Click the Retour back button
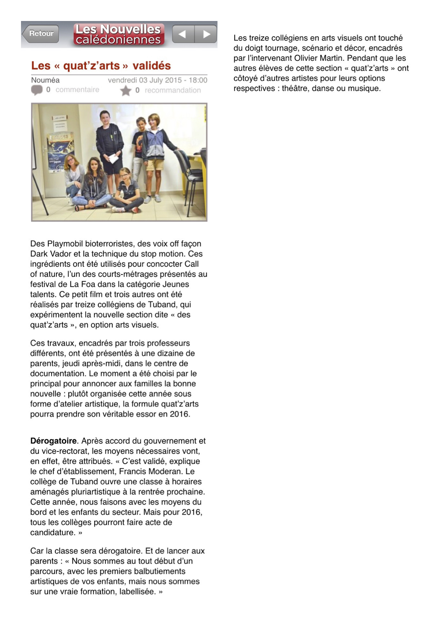point(41,33)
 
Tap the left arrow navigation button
point(183,34)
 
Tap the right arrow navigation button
point(206,34)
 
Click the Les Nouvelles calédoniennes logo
point(119,34)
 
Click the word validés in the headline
point(152,65)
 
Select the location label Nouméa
point(45,80)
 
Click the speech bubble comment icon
point(37,90)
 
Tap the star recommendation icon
point(125,91)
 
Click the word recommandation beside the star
point(173,90)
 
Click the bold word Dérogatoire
point(53,441)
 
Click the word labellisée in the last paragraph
point(137,592)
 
